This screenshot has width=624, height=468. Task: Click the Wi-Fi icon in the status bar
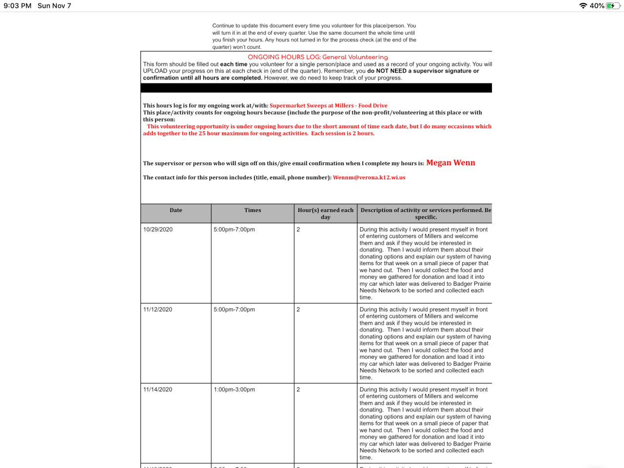[583, 6]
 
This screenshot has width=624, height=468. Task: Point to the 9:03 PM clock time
[18, 6]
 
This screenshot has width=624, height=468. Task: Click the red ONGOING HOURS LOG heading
[317, 57]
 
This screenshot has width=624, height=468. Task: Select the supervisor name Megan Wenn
[450, 163]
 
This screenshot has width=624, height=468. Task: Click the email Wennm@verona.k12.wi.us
[369, 177]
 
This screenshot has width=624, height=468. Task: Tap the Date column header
[176, 210]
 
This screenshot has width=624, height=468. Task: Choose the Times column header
[253, 210]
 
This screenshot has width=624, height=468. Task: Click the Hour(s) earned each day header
[326, 214]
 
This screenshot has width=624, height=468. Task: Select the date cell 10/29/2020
[158, 230]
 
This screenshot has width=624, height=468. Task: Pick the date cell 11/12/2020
[158, 310]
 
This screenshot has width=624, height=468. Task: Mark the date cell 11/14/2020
[158, 390]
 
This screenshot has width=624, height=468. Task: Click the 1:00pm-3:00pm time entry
[234, 390]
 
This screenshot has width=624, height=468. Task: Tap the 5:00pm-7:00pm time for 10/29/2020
[234, 230]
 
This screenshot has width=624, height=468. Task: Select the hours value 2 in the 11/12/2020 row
[298, 310]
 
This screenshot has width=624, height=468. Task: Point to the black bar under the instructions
[316, 88]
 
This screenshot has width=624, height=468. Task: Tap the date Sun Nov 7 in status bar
[54, 6]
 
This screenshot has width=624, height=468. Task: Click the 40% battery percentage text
[597, 6]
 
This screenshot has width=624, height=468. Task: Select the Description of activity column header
[426, 214]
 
